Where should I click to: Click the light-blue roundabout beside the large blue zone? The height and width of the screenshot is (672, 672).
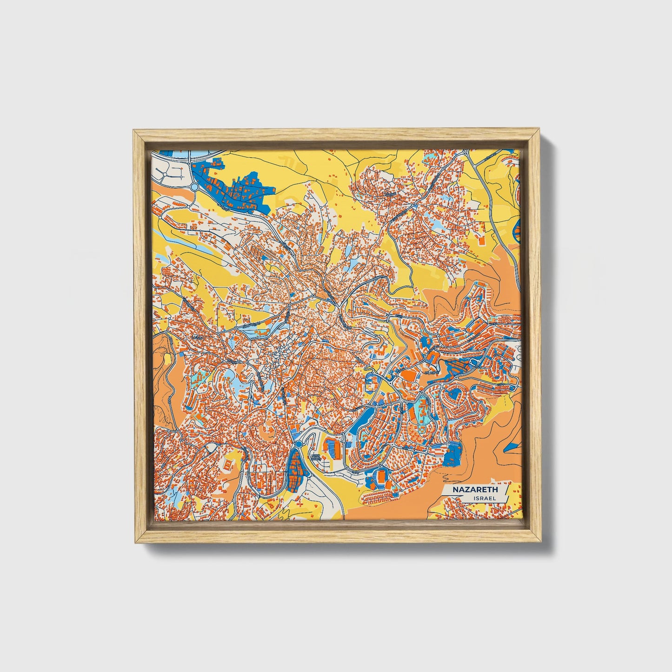pos(193,187)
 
